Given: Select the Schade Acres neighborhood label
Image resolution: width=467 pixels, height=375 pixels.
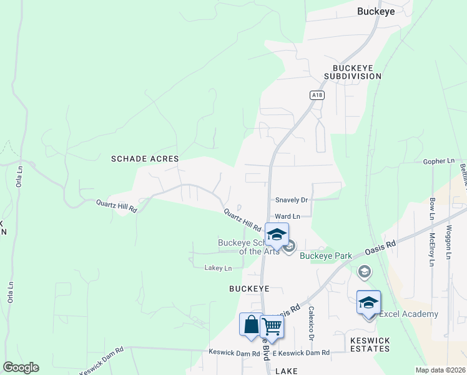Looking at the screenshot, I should click(x=145, y=159).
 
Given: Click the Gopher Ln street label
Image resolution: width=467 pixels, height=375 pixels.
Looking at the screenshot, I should click(x=438, y=161).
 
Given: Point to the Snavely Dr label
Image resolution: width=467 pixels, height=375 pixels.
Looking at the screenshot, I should click(x=292, y=200).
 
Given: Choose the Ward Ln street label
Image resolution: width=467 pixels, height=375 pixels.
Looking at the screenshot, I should click(x=288, y=216).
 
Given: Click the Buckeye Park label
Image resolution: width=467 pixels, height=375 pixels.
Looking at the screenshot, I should click(x=326, y=256).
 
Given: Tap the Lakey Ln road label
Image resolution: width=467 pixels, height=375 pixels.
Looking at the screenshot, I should click(x=218, y=268).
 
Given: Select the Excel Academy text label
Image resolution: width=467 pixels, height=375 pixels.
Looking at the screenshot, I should click(x=408, y=314).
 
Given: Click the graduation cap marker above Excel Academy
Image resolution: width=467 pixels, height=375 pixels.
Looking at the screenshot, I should click(x=368, y=302).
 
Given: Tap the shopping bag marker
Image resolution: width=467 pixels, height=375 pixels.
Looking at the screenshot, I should click(x=251, y=325).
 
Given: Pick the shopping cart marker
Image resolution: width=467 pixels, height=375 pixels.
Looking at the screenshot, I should click(x=272, y=326).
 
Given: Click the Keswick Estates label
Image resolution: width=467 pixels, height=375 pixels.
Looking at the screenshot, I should click(x=370, y=345).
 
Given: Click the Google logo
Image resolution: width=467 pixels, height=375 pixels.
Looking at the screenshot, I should click(x=21, y=367).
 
